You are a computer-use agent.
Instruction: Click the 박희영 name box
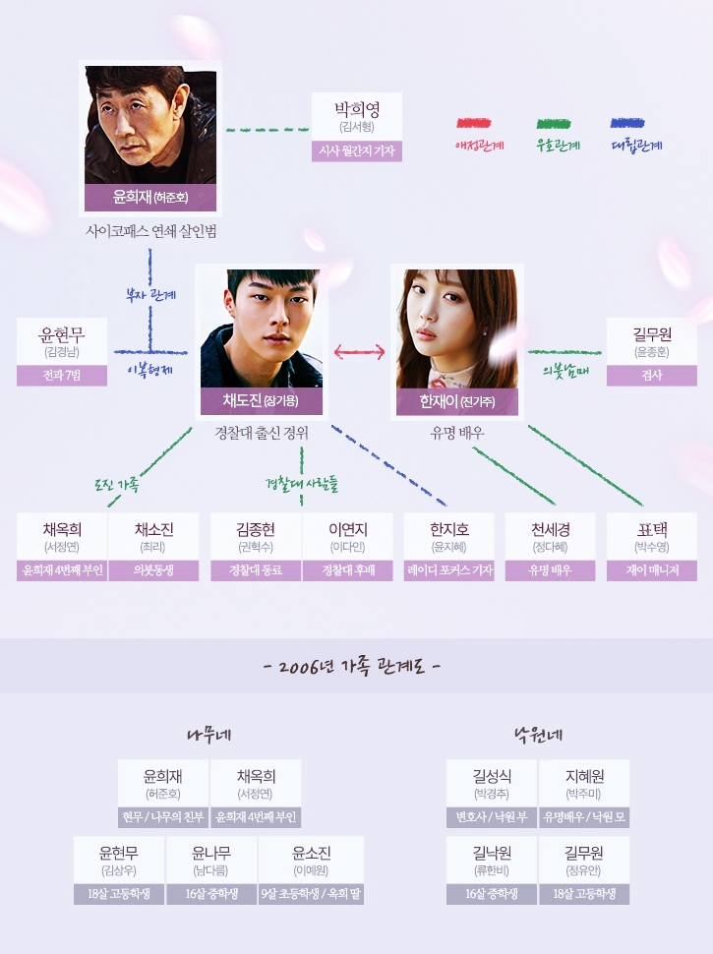click(x=357, y=127)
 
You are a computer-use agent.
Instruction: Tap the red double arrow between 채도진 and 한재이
click(x=359, y=352)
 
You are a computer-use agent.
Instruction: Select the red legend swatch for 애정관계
click(x=474, y=124)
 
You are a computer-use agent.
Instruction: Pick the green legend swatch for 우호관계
click(x=554, y=124)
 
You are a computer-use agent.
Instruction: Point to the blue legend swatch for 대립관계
click(x=627, y=124)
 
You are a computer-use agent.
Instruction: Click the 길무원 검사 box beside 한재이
click(x=652, y=352)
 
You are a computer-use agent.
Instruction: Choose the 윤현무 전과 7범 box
click(x=62, y=352)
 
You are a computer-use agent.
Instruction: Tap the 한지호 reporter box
click(x=449, y=547)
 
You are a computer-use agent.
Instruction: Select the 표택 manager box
click(x=652, y=547)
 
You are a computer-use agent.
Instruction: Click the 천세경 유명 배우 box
click(x=550, y=547)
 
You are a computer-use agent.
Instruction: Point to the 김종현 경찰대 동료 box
click(x=256, y=547)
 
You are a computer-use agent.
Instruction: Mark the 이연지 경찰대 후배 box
click(x=347, y=547)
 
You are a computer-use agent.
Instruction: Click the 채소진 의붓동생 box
click(x=153, y=547)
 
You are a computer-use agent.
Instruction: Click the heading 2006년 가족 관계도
click(x=353, y=666)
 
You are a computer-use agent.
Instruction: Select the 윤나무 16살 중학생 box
click(x=211, y=870)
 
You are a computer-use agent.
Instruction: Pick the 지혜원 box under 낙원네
click(x=584, y=794)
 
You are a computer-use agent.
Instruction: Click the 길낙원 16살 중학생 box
click(x=492, y=870)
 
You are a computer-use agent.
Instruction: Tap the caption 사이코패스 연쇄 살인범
click(x=150, y=231)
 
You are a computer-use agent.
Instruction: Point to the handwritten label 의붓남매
click(x=565, y=371)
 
